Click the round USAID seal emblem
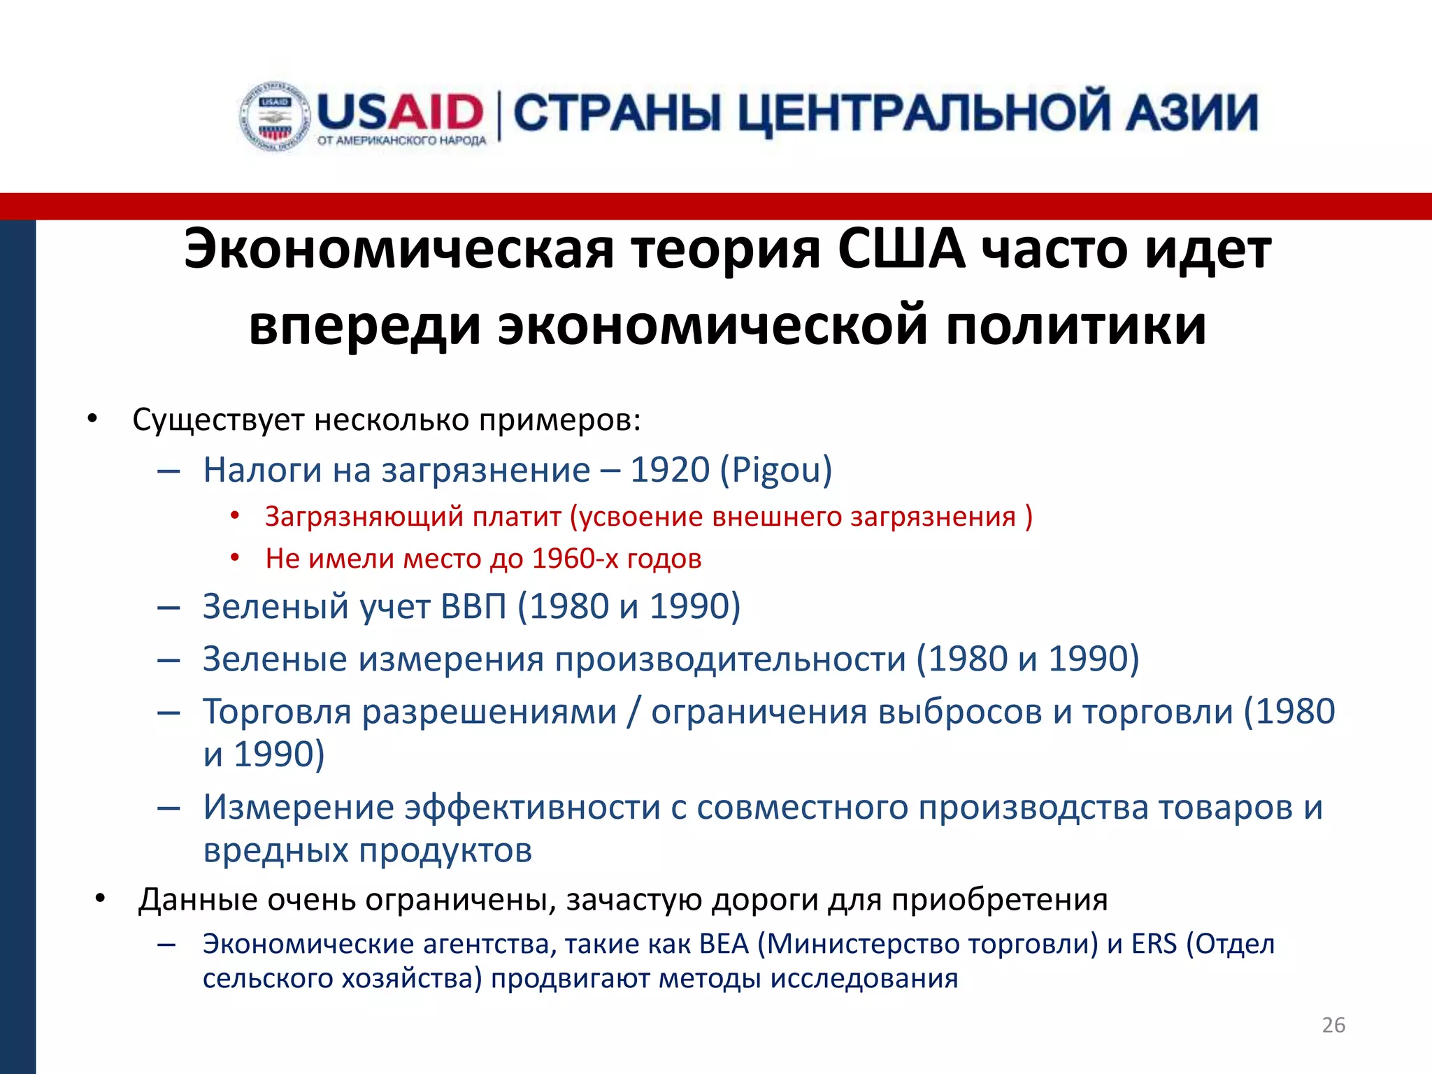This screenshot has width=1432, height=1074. pyautogui.click(x=275, y=116)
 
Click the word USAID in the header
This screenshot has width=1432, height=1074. pyautogui.click(x=400, y=112)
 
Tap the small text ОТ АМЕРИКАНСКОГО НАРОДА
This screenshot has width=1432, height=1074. pyautogui.click(x=401, y=141)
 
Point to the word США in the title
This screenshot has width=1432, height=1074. pyautogui.click(x=901, y=249)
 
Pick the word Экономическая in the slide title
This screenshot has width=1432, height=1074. pyautogui.click(x=399, y=249)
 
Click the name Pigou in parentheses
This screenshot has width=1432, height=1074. pyautogui.click(x=776, y=469)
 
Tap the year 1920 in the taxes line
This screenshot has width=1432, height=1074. pyautogui.click(x=670, y=469)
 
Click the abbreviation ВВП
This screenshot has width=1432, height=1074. pyautogui.click(x=473, y=606)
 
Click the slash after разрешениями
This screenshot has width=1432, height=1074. pyautogui.click(x=633, y=712)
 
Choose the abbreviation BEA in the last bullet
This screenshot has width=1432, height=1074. pyautogui.click(x=724, y=944)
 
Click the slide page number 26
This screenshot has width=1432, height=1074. pyautogui.click(x=1333, y=1025)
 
